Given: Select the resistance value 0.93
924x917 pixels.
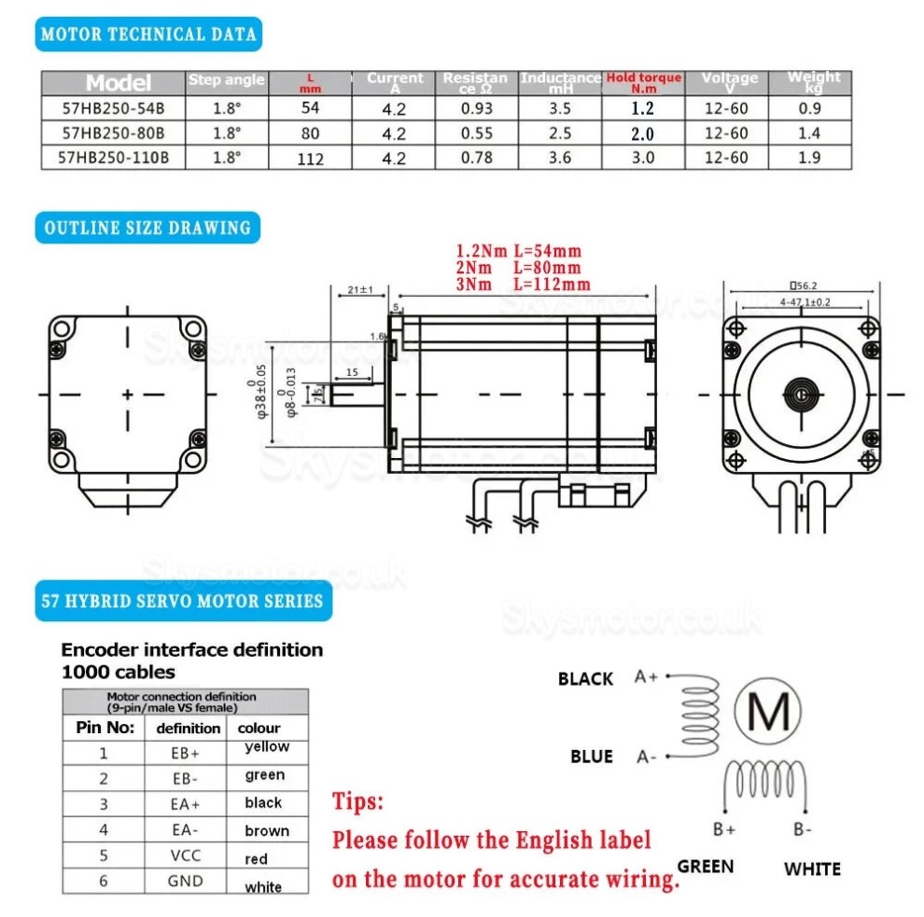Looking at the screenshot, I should click(477, 108).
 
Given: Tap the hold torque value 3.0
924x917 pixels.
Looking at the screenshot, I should click(642, 158).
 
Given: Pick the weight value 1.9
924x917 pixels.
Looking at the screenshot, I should click(809, 158).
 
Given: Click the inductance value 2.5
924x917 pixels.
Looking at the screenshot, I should click(560, 133).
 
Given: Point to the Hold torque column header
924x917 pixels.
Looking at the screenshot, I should click(644, 82).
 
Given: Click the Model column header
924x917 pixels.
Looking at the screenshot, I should click(118, 82).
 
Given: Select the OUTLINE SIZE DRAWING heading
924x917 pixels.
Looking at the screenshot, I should click(147, 228).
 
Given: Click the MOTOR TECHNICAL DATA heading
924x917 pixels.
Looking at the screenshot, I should click(148, 35).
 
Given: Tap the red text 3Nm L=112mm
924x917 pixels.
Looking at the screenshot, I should click(523, 285).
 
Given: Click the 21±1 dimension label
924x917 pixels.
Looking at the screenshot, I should click(359, 291).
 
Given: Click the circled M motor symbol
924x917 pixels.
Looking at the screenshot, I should click(769, 714).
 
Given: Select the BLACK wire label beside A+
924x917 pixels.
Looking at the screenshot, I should click(585, 679).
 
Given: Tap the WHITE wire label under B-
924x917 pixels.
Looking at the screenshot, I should click(812, 869).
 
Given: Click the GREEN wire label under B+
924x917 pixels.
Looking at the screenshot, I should click(705, 867).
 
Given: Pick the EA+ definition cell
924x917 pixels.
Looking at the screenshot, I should click(185, 803).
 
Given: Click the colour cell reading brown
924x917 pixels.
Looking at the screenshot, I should click(267, 830).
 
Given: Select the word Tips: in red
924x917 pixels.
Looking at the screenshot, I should click(357, 801).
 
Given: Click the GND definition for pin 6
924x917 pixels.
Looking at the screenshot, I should click(185, 881).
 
